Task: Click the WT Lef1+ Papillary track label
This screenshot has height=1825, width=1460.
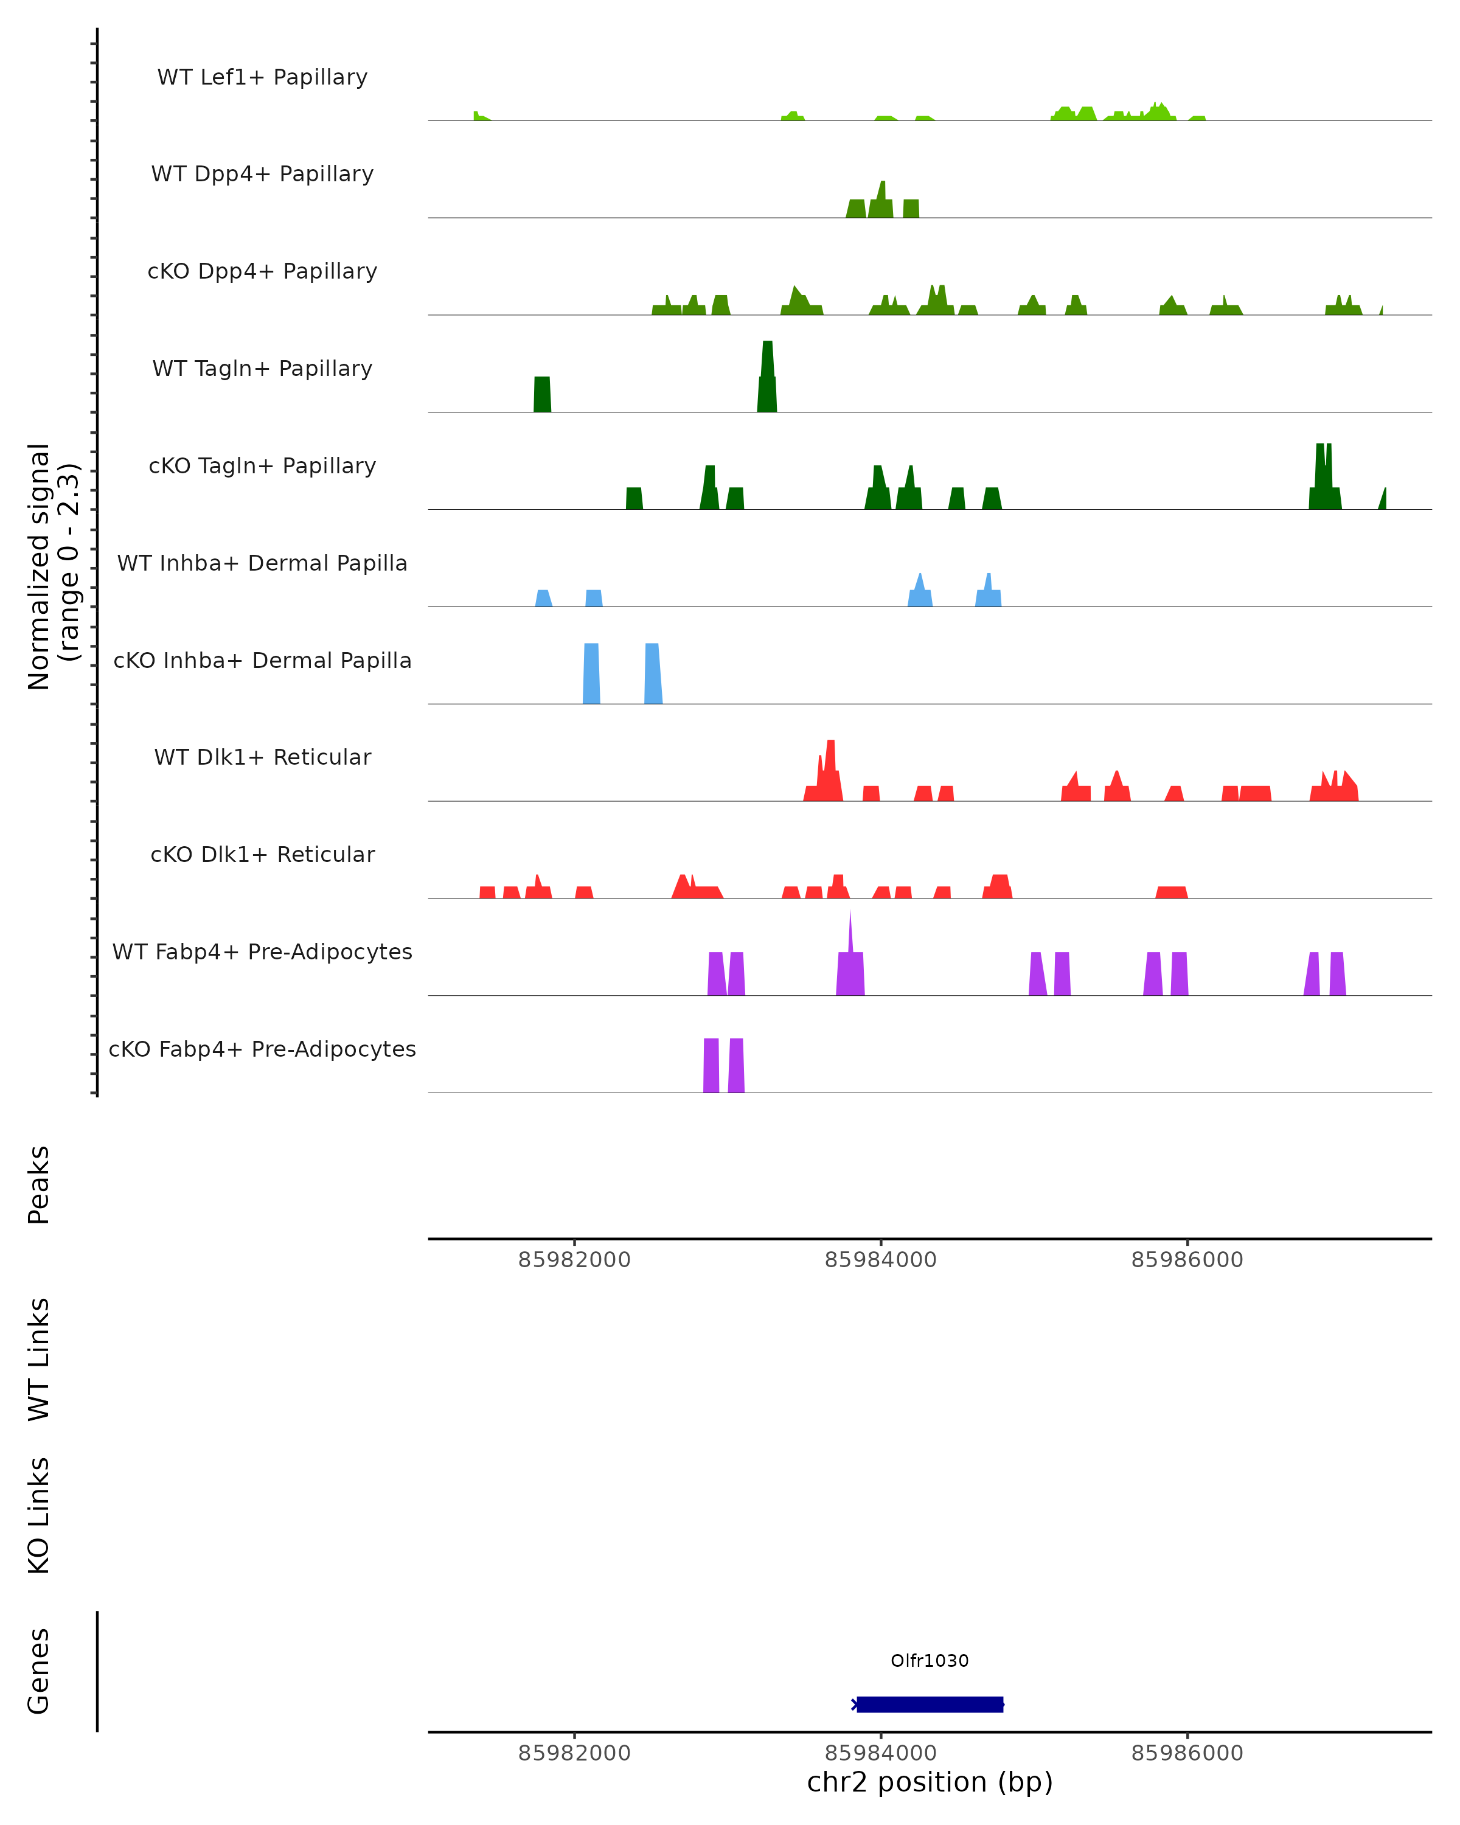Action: click(262, 77)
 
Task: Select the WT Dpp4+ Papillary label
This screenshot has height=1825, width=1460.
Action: click(262, 175)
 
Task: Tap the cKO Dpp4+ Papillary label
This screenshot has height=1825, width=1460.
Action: click(262, 272)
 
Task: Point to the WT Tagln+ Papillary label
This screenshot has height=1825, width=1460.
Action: click(262, 369)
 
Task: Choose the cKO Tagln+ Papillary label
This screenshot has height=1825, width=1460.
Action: click(262, 467)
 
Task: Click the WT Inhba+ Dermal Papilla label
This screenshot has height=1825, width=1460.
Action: click(262, 564)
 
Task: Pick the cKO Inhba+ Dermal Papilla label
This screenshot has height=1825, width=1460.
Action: click(262, 661)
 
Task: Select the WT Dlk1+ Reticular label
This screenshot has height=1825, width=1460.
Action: click(262, 757)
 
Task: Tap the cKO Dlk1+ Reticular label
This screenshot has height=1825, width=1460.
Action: click(262, 855)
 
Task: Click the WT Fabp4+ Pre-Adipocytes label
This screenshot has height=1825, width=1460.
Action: click(262, 952)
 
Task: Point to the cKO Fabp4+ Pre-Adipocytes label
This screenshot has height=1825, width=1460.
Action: click(262, 1049)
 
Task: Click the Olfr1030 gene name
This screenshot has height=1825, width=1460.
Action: click(930, 1661)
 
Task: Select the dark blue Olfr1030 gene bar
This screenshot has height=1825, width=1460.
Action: click(930, 1705)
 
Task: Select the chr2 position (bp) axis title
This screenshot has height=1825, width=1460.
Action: click(930, 1782)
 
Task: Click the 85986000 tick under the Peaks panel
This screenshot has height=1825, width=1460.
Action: click(1187, 1260)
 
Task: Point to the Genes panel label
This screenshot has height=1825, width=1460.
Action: click(39, 1671)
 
